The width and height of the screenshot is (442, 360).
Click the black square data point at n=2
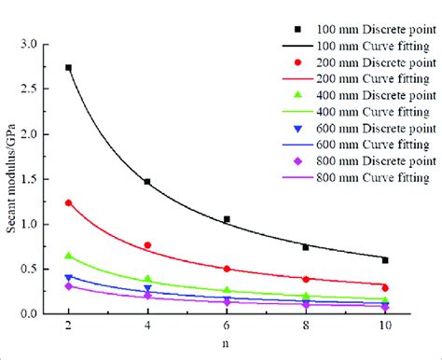(x=68, y=68)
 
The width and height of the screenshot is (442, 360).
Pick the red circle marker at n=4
(x=147, y=245)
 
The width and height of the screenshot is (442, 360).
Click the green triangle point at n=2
(x=68, y=256)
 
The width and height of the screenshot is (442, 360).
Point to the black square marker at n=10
(x=385, y=260)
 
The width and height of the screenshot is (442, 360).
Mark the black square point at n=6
(x=227, y=219)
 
